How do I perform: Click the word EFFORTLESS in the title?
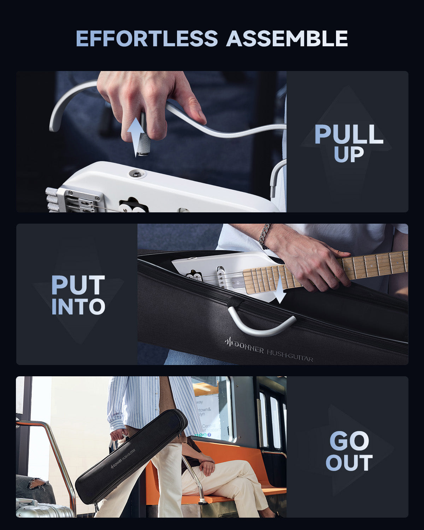[x=147, y=39]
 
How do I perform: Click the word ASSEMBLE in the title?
[x=287, y=39]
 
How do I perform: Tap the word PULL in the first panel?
[x=349, y=135]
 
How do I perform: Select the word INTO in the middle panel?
[x=78, y=307]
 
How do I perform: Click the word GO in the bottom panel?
[x=349, y=441]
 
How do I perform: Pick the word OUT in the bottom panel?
[x=349, y=463]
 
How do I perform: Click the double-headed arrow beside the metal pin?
[x=135, y=137]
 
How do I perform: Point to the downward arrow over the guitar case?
[x=280, y=290]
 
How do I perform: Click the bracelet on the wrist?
[x=264, y=236]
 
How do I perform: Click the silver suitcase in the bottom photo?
[x=42, y=509]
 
